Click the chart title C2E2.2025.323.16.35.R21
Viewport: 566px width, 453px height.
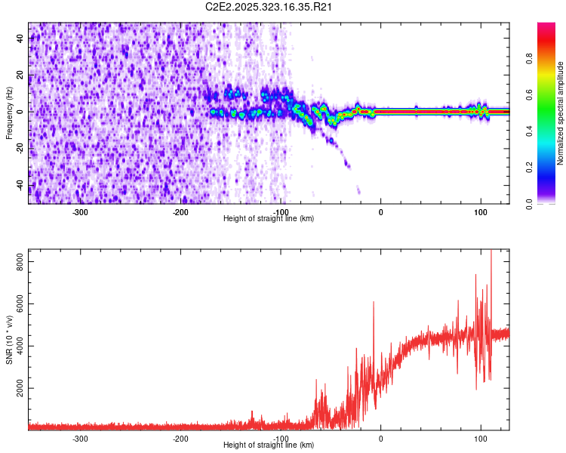click(x=269, y=7)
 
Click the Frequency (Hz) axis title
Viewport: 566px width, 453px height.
click(x=9, y=112)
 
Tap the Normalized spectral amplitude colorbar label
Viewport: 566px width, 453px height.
click(x=561, y=113)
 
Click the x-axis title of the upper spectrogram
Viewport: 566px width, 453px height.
click(x=269, y=218)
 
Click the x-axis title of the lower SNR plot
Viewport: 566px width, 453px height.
click(x=269, y=445)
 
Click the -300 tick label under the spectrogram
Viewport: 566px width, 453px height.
click(x=80, y=211)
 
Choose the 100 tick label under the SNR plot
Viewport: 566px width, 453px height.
click(x=481, y=438)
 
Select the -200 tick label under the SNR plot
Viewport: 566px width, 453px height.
click(x=180, y=438)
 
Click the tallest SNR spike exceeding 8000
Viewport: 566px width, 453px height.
click(x=491, y=252)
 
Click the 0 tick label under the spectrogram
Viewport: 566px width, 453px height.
click(x=380, y=211)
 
